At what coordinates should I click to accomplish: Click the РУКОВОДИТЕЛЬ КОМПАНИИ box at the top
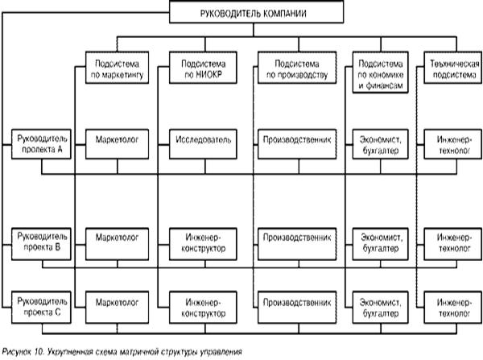coord(241,14)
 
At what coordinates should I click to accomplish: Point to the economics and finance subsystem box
coord(378,73)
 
